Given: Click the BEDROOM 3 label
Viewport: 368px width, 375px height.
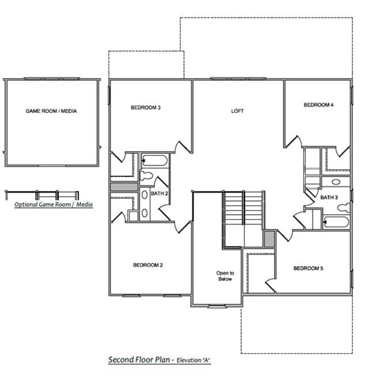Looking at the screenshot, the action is coord(146,108).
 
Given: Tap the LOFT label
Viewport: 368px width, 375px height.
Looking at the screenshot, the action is coord(237,111).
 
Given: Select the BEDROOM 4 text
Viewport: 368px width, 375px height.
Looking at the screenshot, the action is coord(318,105).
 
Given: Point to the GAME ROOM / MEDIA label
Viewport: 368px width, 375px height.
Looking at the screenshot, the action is coord(51,111).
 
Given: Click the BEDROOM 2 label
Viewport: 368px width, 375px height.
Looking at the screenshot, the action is coord(148,265).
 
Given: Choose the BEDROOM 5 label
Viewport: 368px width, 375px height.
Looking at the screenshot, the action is coord(308,268).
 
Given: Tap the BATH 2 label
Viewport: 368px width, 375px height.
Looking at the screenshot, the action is coord(160,193).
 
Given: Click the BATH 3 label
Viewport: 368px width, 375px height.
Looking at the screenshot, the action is coord(329,197).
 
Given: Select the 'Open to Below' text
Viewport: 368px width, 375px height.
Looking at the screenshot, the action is coord(225,276).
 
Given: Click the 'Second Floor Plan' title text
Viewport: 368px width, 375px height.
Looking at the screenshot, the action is coord(139,359).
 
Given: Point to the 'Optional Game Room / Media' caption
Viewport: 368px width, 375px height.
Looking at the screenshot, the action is coord(54,204).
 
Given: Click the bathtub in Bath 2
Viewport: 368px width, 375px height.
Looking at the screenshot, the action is coord(154,160).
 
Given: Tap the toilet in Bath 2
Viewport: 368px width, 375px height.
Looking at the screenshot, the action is coord(146,177).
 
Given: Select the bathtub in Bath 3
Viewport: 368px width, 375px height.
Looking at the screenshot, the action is coord(336,223).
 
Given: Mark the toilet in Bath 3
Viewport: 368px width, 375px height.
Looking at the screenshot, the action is coord(344,207).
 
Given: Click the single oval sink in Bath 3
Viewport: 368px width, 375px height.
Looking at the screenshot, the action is coord(336,182).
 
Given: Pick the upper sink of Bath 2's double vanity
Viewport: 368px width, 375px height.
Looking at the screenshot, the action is coord(145,195).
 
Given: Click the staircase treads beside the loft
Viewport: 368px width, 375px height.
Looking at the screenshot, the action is coord(244,208).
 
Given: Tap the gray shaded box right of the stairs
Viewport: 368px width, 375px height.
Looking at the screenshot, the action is coord(270,239).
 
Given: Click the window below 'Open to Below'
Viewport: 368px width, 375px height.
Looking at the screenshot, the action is coord(217,306).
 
